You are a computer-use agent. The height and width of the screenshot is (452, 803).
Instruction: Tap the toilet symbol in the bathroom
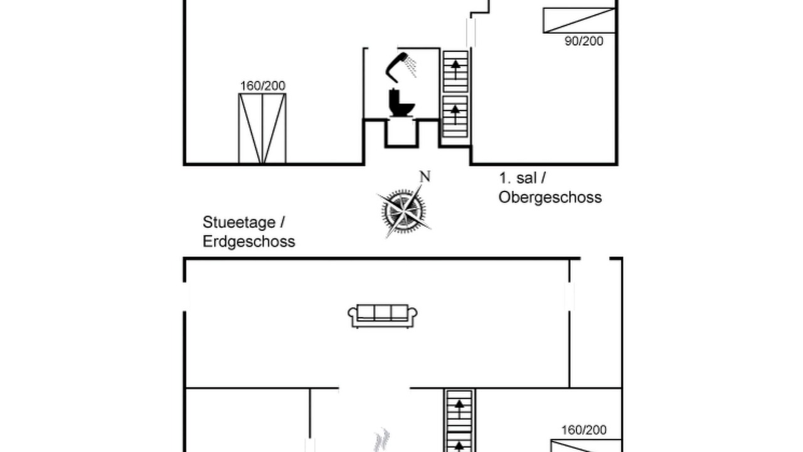tap(401, 102)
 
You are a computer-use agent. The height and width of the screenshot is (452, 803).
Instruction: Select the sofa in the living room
tap(383, 316)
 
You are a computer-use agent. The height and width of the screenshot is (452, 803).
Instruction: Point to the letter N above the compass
tap(425, 177)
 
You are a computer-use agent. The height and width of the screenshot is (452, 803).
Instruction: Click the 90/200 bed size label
tap(584, 41)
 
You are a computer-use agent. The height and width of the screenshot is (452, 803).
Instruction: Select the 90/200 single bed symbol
tap(579, 21)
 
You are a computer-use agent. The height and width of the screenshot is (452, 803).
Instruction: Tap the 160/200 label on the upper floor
tap(263, 86)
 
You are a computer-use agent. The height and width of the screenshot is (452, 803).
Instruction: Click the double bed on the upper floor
tap(262, 129)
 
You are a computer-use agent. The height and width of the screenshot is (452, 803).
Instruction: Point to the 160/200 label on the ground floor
tap(584, 430)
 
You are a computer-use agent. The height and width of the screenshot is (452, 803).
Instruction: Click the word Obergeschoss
tap(550, 198)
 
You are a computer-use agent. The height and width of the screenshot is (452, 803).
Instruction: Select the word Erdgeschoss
tap(249, 242)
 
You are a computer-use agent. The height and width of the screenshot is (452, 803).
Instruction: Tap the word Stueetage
tap(239, 222)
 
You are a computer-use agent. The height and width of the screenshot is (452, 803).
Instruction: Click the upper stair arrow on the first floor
tap(455, 69)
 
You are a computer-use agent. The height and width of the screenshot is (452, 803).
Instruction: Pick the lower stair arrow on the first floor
tap(455, 114)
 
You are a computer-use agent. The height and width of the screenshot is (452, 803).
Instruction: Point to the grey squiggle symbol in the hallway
tap(382, 440)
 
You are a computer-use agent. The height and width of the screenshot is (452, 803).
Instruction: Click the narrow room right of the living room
tap(595, 323)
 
